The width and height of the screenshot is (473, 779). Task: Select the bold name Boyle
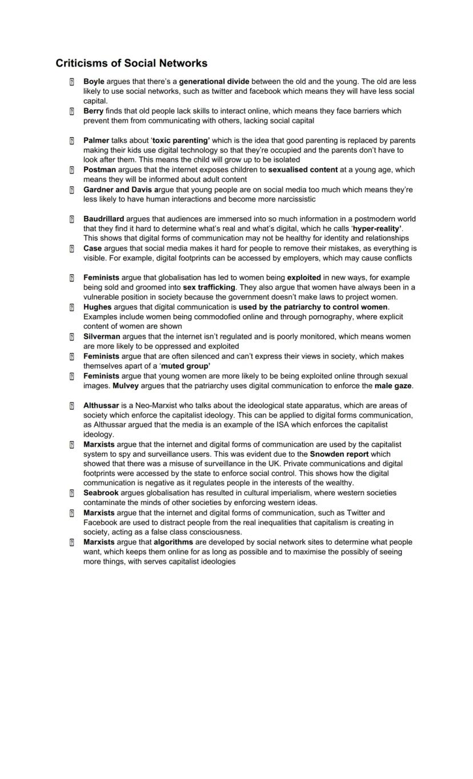coord(94,82)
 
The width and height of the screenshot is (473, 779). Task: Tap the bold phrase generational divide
coord(214,82)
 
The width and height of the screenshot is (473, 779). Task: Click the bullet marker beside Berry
coord(72,111)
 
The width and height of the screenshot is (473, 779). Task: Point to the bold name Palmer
coord(96,140)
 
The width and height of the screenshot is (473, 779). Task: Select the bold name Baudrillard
coord(103,219)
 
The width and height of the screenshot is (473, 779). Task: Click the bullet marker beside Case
coord(72,248)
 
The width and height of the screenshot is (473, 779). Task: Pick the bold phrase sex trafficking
coord(209,287)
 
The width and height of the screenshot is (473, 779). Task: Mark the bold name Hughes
coord(97,307)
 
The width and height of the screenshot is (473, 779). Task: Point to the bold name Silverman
coord(102,336)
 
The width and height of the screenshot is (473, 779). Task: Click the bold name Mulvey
coord(126,386)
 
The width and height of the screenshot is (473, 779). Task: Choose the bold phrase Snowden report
coord(339,454)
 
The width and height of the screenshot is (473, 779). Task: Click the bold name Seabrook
coord(101,493)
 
